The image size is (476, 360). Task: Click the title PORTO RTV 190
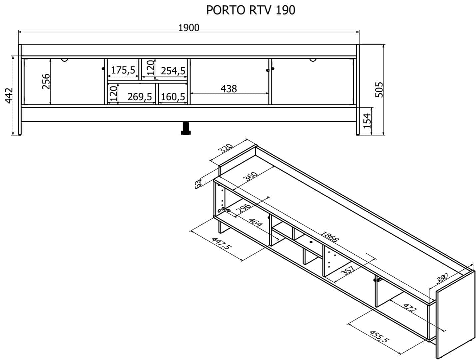coord(250,10)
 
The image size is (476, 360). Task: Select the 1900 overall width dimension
coord(189,28)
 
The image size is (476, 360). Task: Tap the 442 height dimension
coord(9,95)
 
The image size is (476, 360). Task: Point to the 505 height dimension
coord(379,90)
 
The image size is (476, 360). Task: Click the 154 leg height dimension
coord(367,121)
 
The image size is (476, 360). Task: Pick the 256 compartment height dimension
coord(46,82)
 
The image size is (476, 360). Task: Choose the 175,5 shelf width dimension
coord(123,70)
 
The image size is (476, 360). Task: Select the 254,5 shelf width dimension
coord(173,71)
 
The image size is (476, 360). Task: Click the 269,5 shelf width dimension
coord(140,97)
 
